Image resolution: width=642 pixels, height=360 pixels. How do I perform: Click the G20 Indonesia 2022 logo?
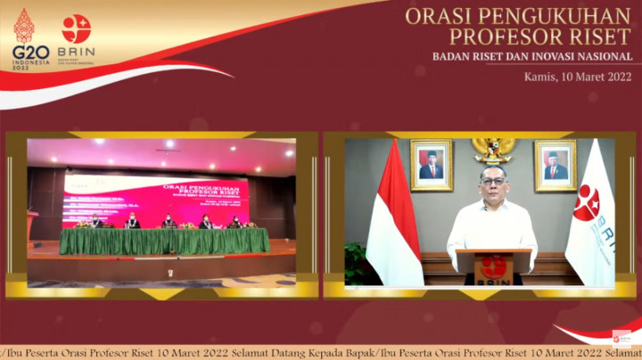point(24,39)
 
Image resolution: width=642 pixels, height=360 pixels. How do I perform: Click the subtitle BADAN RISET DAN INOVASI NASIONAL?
point(532,57)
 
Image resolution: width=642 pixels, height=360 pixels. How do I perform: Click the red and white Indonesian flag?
point(393,218)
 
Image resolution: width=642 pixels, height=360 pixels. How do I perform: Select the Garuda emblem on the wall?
point(492,149)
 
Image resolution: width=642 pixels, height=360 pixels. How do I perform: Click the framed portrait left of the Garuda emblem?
point(431,165)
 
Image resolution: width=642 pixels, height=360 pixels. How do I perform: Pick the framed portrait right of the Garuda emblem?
point(555,165)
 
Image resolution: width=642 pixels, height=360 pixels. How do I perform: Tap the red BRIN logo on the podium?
point(492,265)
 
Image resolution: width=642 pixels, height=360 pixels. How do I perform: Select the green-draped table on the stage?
point(164,241)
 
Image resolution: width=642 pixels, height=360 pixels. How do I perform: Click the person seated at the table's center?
point(169,221)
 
